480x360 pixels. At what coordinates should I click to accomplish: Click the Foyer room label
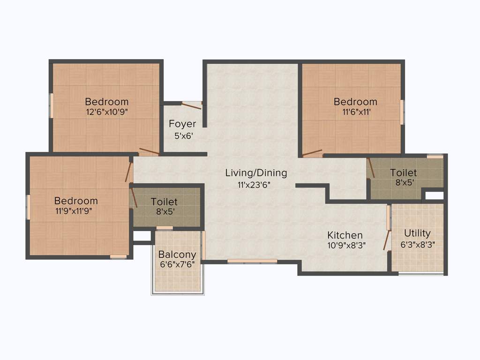pos(182,124)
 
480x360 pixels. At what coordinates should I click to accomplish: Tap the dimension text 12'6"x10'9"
pos(106,112)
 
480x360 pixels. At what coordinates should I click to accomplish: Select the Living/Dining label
pos(256,173)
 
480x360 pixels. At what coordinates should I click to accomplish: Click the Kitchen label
pos(345,235)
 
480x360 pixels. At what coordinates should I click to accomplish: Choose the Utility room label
pos(417,233)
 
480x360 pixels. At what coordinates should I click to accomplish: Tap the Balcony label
pos(177,255)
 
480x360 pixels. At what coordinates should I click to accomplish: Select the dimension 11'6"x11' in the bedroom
pos(355,112)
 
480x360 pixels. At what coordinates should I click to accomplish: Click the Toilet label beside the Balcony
pos(164,202)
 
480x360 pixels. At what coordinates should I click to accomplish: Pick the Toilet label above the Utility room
pos(403,172)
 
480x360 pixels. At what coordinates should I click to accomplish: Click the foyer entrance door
pos(192,106)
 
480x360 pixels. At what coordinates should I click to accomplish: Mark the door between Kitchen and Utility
pos(387,239)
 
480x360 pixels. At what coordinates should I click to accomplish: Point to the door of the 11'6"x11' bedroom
pos(312,153)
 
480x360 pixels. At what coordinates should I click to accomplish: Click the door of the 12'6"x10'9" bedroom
pos(149,151)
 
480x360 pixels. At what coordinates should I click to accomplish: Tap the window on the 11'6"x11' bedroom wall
pos(402,112)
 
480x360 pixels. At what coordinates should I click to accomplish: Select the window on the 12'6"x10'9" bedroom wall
pos(52,105)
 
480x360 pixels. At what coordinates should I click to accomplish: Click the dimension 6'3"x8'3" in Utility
pos(417,244)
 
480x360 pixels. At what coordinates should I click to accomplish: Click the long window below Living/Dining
pos(252,261)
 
